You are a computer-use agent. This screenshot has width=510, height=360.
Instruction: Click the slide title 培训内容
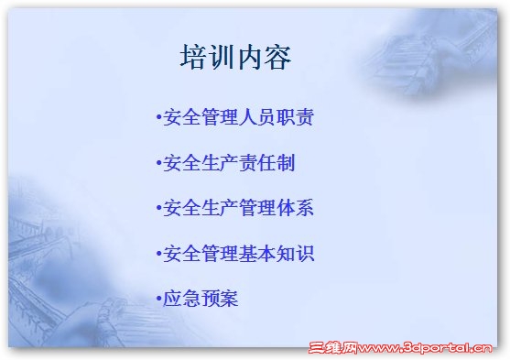point(235,58)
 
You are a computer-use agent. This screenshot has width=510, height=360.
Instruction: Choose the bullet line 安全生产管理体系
point(238,208)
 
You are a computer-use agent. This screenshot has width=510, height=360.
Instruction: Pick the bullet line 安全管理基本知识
point(238,254)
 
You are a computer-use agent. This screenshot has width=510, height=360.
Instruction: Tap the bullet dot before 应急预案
point(158,299)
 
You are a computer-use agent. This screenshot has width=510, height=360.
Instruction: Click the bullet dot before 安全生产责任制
point(158,165)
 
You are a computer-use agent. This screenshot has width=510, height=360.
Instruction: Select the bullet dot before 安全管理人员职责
point(158,119)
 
